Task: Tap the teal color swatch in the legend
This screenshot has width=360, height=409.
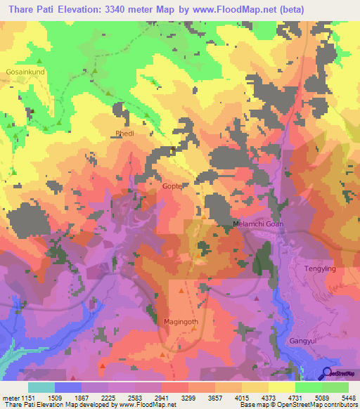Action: [41, 387]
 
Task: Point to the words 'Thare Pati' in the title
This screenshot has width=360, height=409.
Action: [30, 9]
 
